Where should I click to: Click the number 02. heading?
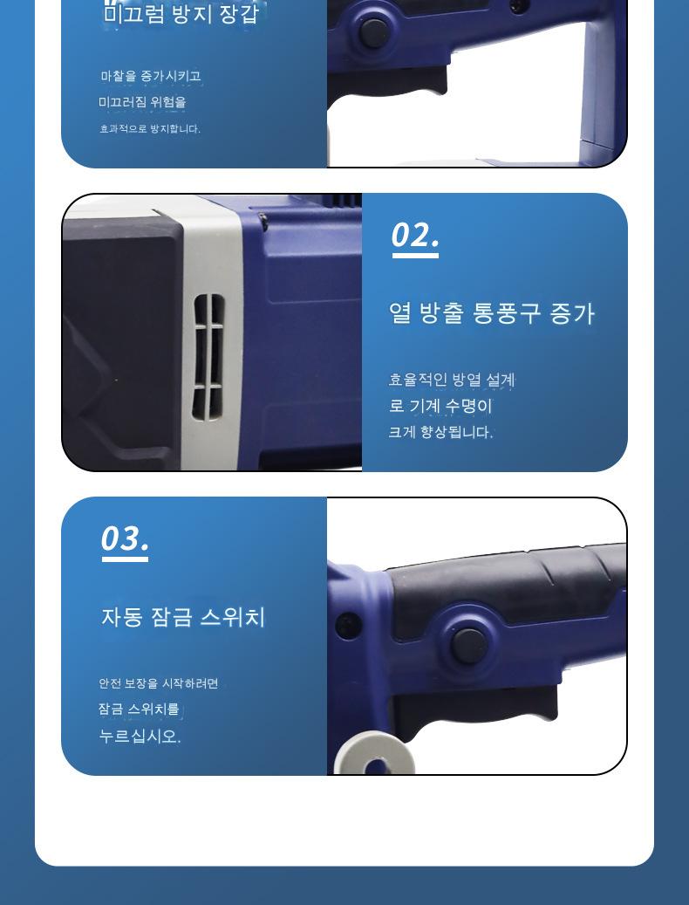click(x=414, y=235)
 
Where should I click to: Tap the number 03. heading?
click(x=125, y=538)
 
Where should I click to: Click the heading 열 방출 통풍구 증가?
click(x=491, y=313)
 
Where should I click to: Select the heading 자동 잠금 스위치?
click(x=183, y=617)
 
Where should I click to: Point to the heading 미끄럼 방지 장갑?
click(x=181, y=13)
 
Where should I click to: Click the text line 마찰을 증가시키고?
click(x=151, y=76)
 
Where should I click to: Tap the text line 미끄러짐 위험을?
click(x=142, y=102)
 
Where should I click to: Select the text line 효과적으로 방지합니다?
click(x=150, y=128)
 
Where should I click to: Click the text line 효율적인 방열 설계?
click(x=452, y=380)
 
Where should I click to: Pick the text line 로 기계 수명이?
click(x=440, y=406)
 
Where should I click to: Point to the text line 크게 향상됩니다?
click(x=440, y=432)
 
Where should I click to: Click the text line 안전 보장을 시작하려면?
click(x=159, y=683)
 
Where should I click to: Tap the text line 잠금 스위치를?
click(x=139, y=709)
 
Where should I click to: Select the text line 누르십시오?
click(x=140, y=736)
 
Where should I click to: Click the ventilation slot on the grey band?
click(x=208, y=357)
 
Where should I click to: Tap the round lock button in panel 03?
click(x=468, y=645)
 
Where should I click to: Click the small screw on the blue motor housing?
click(x=263, y=219)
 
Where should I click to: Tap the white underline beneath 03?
click(x=125, y=559)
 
